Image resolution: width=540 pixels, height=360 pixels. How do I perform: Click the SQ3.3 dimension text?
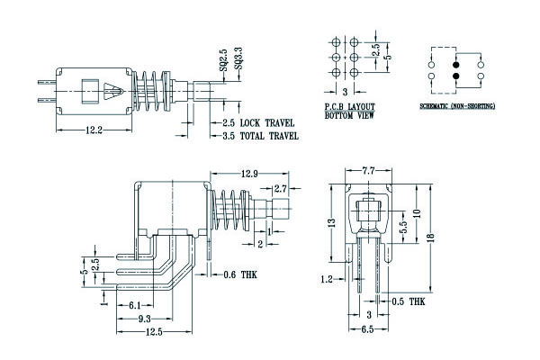tap(237, 60)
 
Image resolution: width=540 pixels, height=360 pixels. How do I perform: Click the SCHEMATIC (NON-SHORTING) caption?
tap(457, 106)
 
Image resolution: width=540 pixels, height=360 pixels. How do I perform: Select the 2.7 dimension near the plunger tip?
tap(280, 189)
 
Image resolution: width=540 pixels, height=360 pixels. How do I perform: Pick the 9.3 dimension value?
tap(144, 319)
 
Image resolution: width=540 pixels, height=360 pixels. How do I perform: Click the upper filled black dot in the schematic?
tap(455, 65)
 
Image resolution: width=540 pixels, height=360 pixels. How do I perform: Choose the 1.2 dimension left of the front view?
tap(327, 280)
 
